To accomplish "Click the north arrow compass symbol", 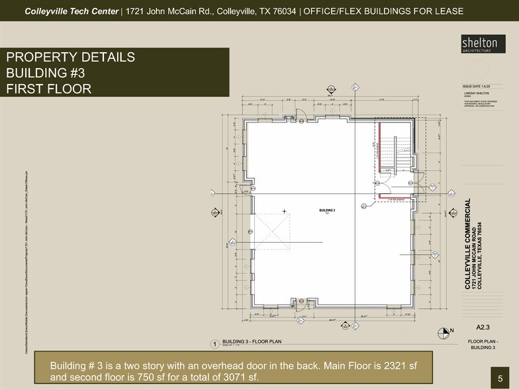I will click(x=443, y=330).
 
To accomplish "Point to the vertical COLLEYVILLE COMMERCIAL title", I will click(x=468, y=241).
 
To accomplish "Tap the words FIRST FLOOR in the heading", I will click(x=48, y=88).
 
